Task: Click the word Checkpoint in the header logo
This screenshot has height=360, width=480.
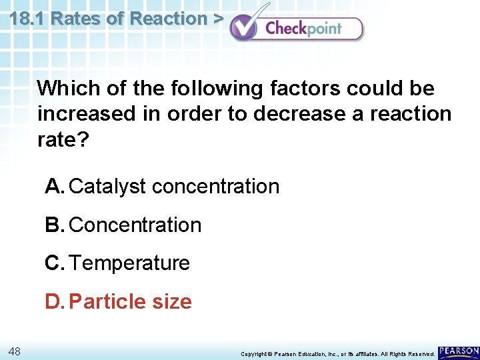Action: click(x=303, y=28)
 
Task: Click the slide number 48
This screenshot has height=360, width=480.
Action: click(x=15, y=351)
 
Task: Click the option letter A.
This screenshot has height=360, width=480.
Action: click(x=54, y=187)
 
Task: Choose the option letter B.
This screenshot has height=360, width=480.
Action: click(x=54, y=225)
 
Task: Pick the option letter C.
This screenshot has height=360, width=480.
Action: click(x=54, y=263)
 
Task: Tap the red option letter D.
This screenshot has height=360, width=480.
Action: click(x=54, y=302)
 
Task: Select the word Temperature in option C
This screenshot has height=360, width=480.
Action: click(x=129, y=263)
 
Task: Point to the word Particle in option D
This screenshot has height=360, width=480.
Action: click(x=107, y=302)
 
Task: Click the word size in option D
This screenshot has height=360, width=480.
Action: click(x=172, y=302)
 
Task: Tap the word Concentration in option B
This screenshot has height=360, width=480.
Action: click(x=135, y=225)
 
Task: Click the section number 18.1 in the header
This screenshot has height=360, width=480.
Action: click(x=28, y=19)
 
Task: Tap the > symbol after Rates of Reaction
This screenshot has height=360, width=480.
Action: click(x=217, y=19)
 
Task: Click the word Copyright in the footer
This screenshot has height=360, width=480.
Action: click(x=253, y=353)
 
